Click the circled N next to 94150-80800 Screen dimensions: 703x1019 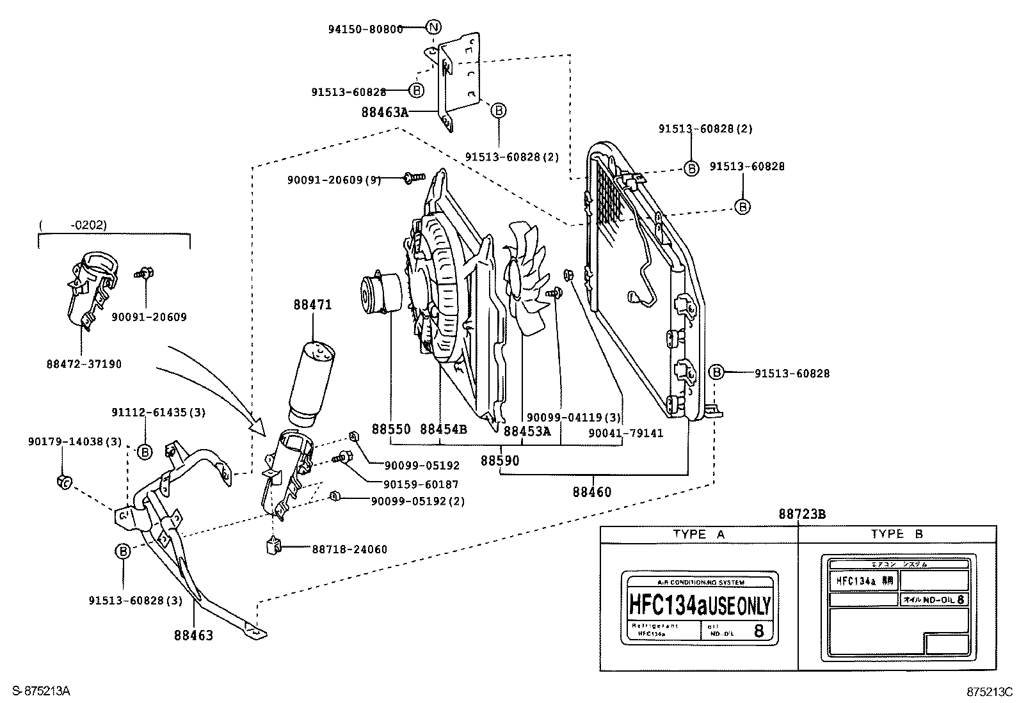tap(433, 28)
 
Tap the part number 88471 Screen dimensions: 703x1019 tap(313, 305)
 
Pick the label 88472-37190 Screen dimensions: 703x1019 tap(84, 364)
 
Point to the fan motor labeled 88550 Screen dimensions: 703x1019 tap(383, 295)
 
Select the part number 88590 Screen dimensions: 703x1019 tap(500, 460)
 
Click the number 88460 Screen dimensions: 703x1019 tap(592, 492)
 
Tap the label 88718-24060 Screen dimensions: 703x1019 tap(349, 549)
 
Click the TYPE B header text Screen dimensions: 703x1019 tap(896, 534)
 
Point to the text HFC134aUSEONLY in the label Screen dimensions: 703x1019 tap(700, 604)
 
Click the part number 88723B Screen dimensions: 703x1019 tap(802, 514)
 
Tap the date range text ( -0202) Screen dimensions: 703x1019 tap(72, 225)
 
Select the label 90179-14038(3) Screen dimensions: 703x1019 tap(75, 441)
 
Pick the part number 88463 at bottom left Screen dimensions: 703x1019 tap(193, 635)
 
